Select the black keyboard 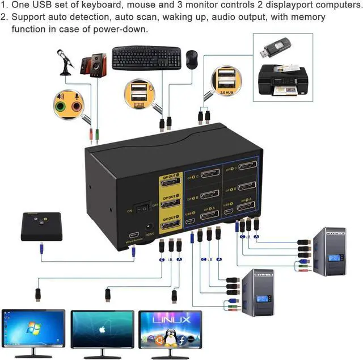point(146,58)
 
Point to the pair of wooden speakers point(92,66)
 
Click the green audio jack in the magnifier point(61,106)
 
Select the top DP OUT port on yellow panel point(170,182)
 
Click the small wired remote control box point(40,226)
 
